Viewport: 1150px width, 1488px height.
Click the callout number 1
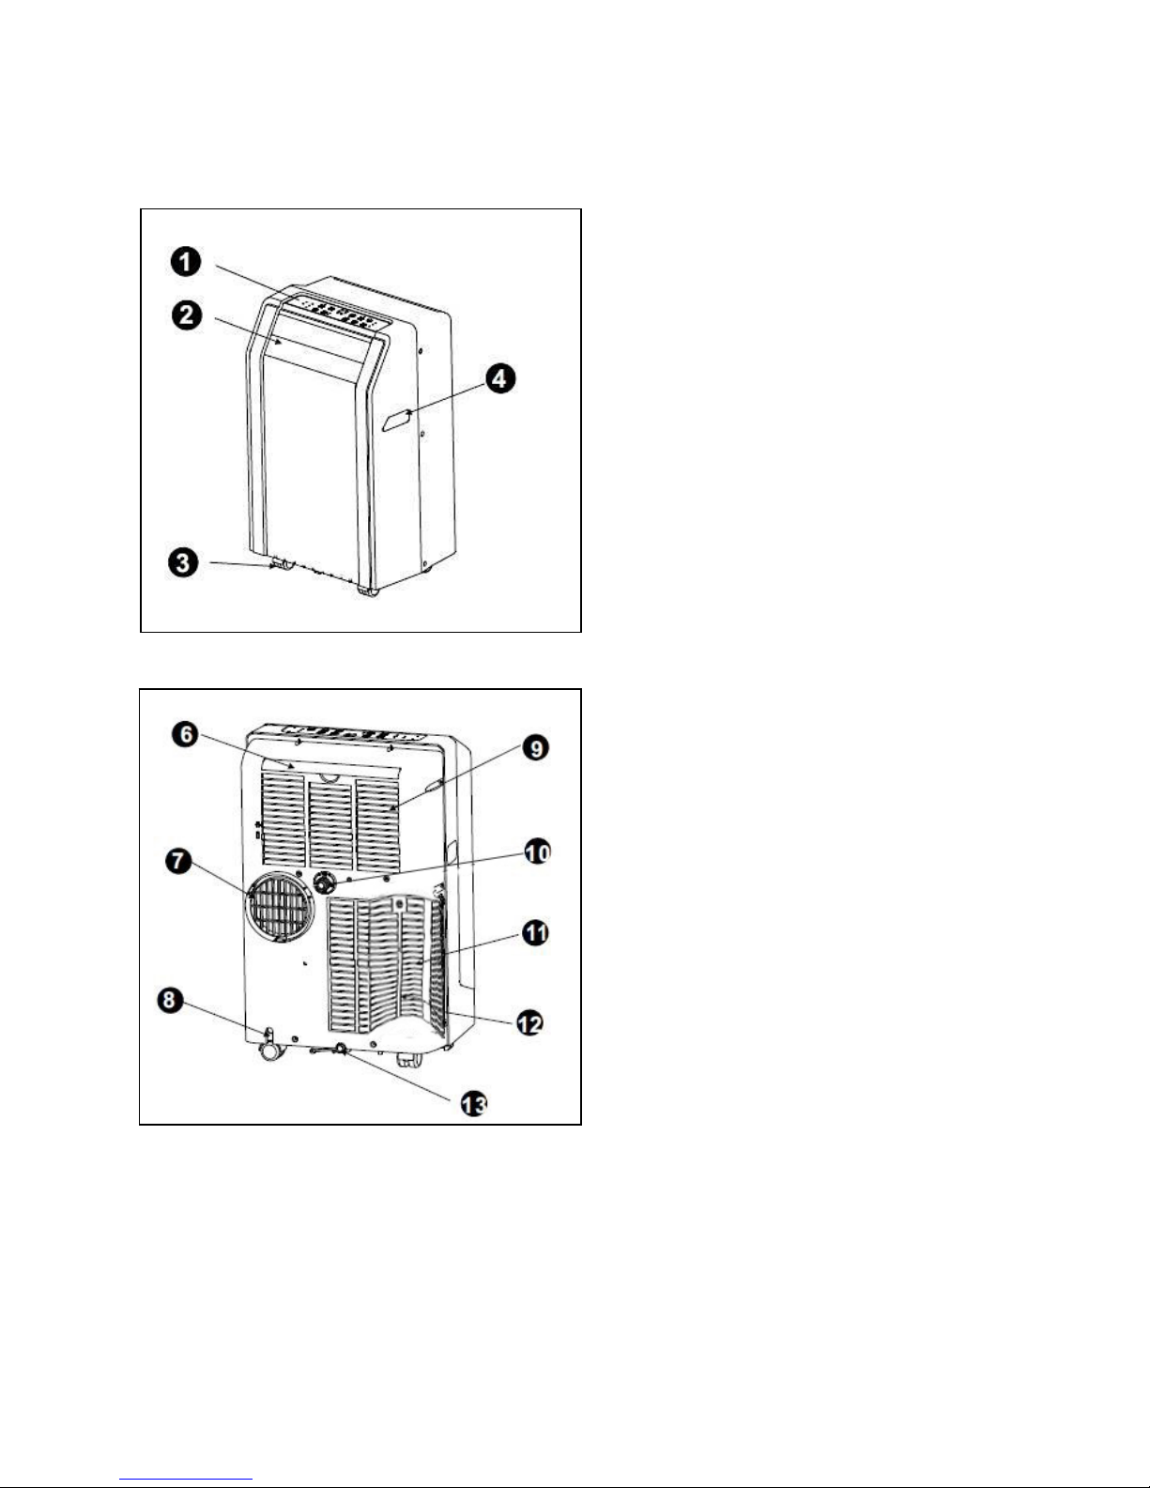(x=186, y=262)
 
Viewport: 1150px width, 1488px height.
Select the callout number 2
(x=186, y=315)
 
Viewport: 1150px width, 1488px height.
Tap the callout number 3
(x=183, y=563)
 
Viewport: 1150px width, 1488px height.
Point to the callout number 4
(x=500, y=378)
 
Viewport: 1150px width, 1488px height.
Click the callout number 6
(x=186, y=735)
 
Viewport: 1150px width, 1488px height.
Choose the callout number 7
(x=179, y=861)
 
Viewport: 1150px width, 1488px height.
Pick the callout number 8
(x=168, y=1001)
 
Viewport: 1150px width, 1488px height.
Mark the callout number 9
(x=537, y=747)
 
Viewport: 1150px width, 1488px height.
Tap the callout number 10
(x=537, y=852)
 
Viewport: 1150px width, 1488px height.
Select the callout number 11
(x=536, y=932)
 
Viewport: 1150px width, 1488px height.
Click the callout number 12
(x=529, y=1023)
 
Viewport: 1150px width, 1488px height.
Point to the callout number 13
(x=473, y=1105)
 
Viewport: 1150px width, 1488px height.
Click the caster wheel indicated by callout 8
(x=271, y=1048)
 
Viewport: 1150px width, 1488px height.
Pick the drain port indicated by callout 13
(x=340, y=1049)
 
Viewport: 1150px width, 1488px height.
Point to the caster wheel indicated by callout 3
(x=282, y=565)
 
